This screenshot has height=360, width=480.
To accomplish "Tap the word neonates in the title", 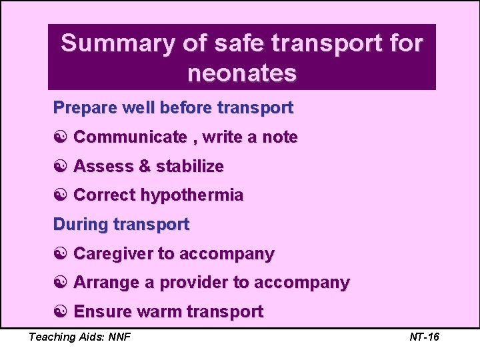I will tap(241, 73).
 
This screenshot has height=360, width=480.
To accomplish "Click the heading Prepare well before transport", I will tap(173, 107).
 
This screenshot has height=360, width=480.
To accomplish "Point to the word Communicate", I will tap(130, 137).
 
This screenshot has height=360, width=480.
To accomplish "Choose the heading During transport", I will tap(121, 224).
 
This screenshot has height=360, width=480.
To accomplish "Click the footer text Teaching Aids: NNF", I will tap(79, 337).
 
